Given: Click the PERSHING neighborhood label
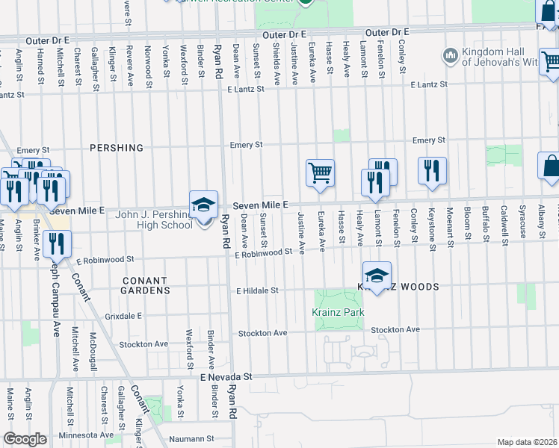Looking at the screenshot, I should coord(117,148).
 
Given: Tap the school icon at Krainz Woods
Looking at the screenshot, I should coord(377,276).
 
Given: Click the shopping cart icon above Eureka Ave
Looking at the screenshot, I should coord(320,173).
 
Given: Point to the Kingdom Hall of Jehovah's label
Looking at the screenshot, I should coord(499,57).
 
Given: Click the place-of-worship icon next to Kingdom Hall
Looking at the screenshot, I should coord(450,55).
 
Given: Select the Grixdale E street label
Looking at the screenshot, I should coord(123,316).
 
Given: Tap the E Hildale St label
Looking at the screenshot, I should coord(257,290).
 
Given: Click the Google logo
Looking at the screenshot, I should coord(25,439).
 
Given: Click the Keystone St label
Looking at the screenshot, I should coord(432,225).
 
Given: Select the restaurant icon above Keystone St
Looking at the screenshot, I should coord(432,172).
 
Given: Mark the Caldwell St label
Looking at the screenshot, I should coord(504,223).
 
